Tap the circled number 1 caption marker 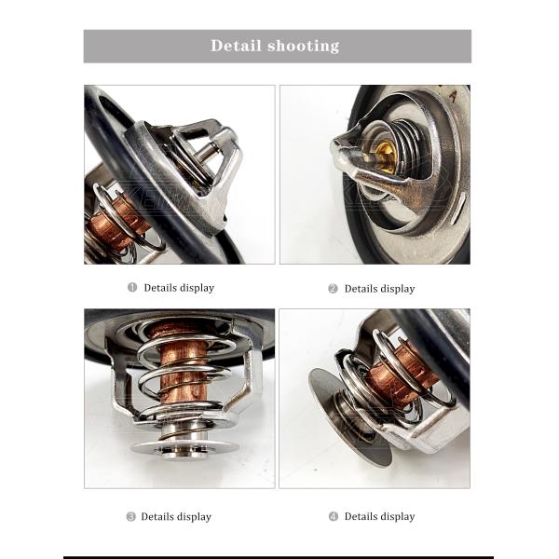click(132, 288)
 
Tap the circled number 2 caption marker click(333, 289)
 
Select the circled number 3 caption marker click(130, 516)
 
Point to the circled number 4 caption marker click(333, 516)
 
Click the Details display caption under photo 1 click(179, 288)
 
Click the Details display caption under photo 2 click(379, 289)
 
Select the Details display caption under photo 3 click(176, 516)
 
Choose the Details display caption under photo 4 click(379, 516)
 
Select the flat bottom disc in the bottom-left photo click(184, 448)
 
